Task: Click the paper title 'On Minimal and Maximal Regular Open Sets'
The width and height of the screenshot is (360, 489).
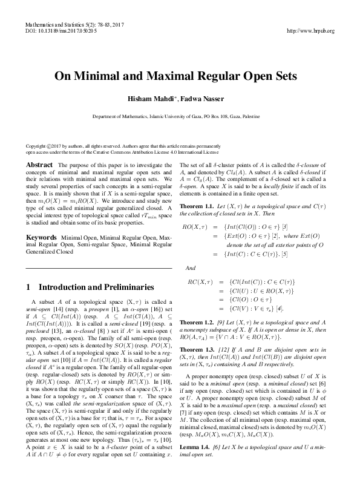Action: (x=180, y=77)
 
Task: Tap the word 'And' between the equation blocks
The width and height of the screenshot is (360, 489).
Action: (x=190, y=267)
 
